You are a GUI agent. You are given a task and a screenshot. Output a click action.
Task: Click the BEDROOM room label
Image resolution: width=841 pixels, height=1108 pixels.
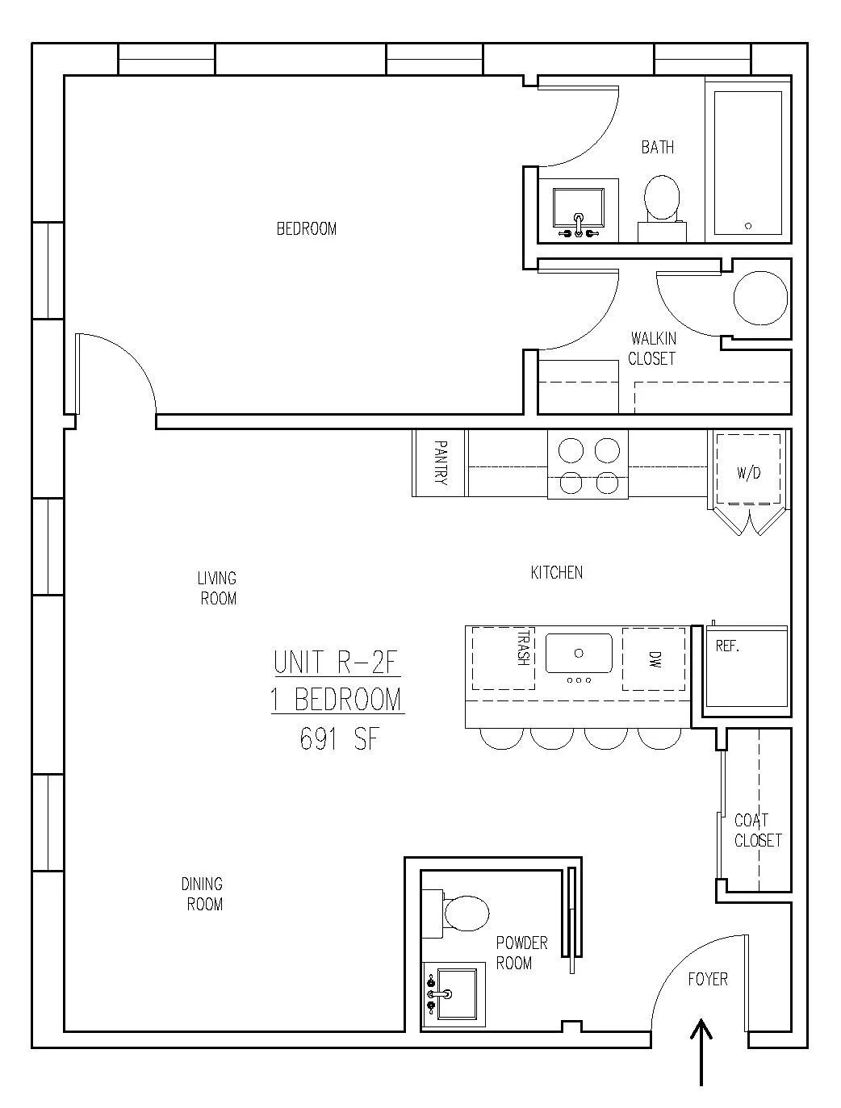[307, 228]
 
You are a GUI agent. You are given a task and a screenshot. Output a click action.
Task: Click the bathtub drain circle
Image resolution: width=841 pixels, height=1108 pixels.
[748, 226]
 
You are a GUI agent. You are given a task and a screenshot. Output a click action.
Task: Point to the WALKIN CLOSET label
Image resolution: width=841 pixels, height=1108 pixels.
[652, 349]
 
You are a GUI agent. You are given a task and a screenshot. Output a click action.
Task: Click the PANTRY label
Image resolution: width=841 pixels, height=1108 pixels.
[440, 462]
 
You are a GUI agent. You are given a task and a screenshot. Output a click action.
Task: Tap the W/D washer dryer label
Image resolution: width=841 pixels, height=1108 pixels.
[748, 473]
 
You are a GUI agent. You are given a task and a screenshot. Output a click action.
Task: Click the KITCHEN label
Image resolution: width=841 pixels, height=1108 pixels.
[557, 572]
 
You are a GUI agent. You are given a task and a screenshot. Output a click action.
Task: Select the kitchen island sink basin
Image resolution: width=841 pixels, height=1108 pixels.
[579, 653]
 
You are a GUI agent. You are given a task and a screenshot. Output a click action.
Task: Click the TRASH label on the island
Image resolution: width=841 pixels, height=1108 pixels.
[525, 648]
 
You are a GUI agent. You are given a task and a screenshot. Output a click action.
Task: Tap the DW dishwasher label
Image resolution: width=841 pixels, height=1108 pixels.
[655, 659]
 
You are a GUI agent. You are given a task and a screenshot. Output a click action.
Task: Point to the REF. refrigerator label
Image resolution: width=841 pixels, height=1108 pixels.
[727, 646]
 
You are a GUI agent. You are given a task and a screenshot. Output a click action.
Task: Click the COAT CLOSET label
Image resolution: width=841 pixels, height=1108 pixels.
[758, 830]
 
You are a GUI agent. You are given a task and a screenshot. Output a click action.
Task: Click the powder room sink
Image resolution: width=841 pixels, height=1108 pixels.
[452, 994]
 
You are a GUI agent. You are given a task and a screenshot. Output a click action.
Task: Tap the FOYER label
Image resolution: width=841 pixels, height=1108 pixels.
[708, 979]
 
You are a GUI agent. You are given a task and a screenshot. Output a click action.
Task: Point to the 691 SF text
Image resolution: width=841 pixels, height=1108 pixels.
[339, 740]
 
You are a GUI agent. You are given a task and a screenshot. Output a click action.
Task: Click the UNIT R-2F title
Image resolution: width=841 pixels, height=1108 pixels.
[336, 663]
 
